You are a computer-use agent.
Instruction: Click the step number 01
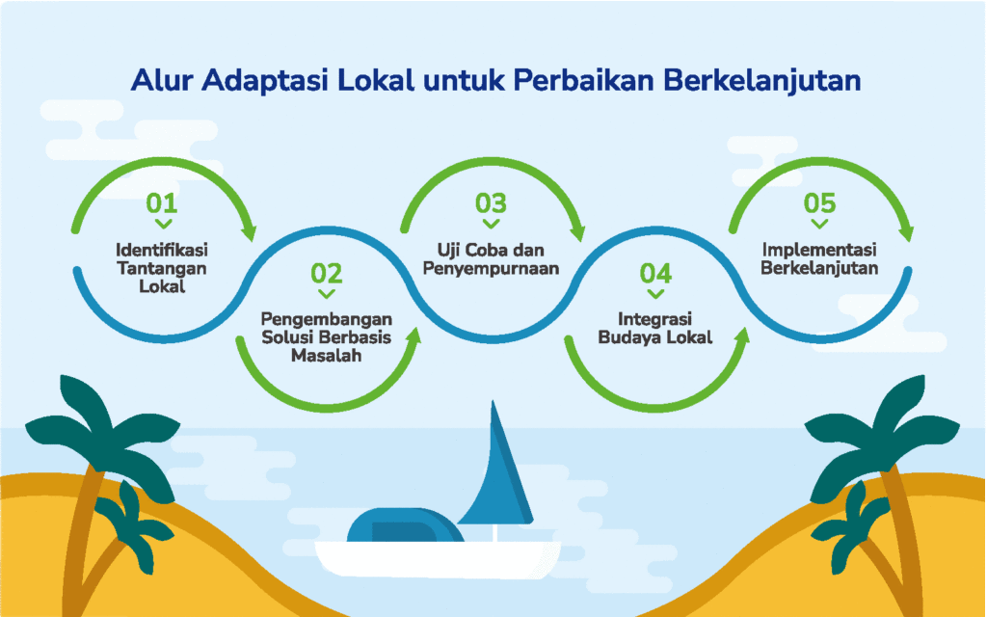point(162,203)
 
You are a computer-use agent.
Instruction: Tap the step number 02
point(327,273)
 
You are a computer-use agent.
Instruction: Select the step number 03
point(491,203)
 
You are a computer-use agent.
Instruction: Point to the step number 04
point(655,273)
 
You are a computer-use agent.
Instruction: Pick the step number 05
point(819,203)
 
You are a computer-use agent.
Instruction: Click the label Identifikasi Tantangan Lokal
point(162,268)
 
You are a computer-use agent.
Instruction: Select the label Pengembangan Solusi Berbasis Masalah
point(327,337)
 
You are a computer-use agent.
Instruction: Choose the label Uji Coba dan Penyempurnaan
point(491,258)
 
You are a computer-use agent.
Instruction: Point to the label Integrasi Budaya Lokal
point(655,328)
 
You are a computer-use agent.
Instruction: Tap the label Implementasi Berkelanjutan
point(819,258)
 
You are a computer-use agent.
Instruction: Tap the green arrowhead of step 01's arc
point(250,230)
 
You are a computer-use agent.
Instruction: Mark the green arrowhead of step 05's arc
point(906,230)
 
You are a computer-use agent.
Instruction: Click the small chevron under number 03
point(491,224)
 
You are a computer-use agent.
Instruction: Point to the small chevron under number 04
point(655,294)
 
